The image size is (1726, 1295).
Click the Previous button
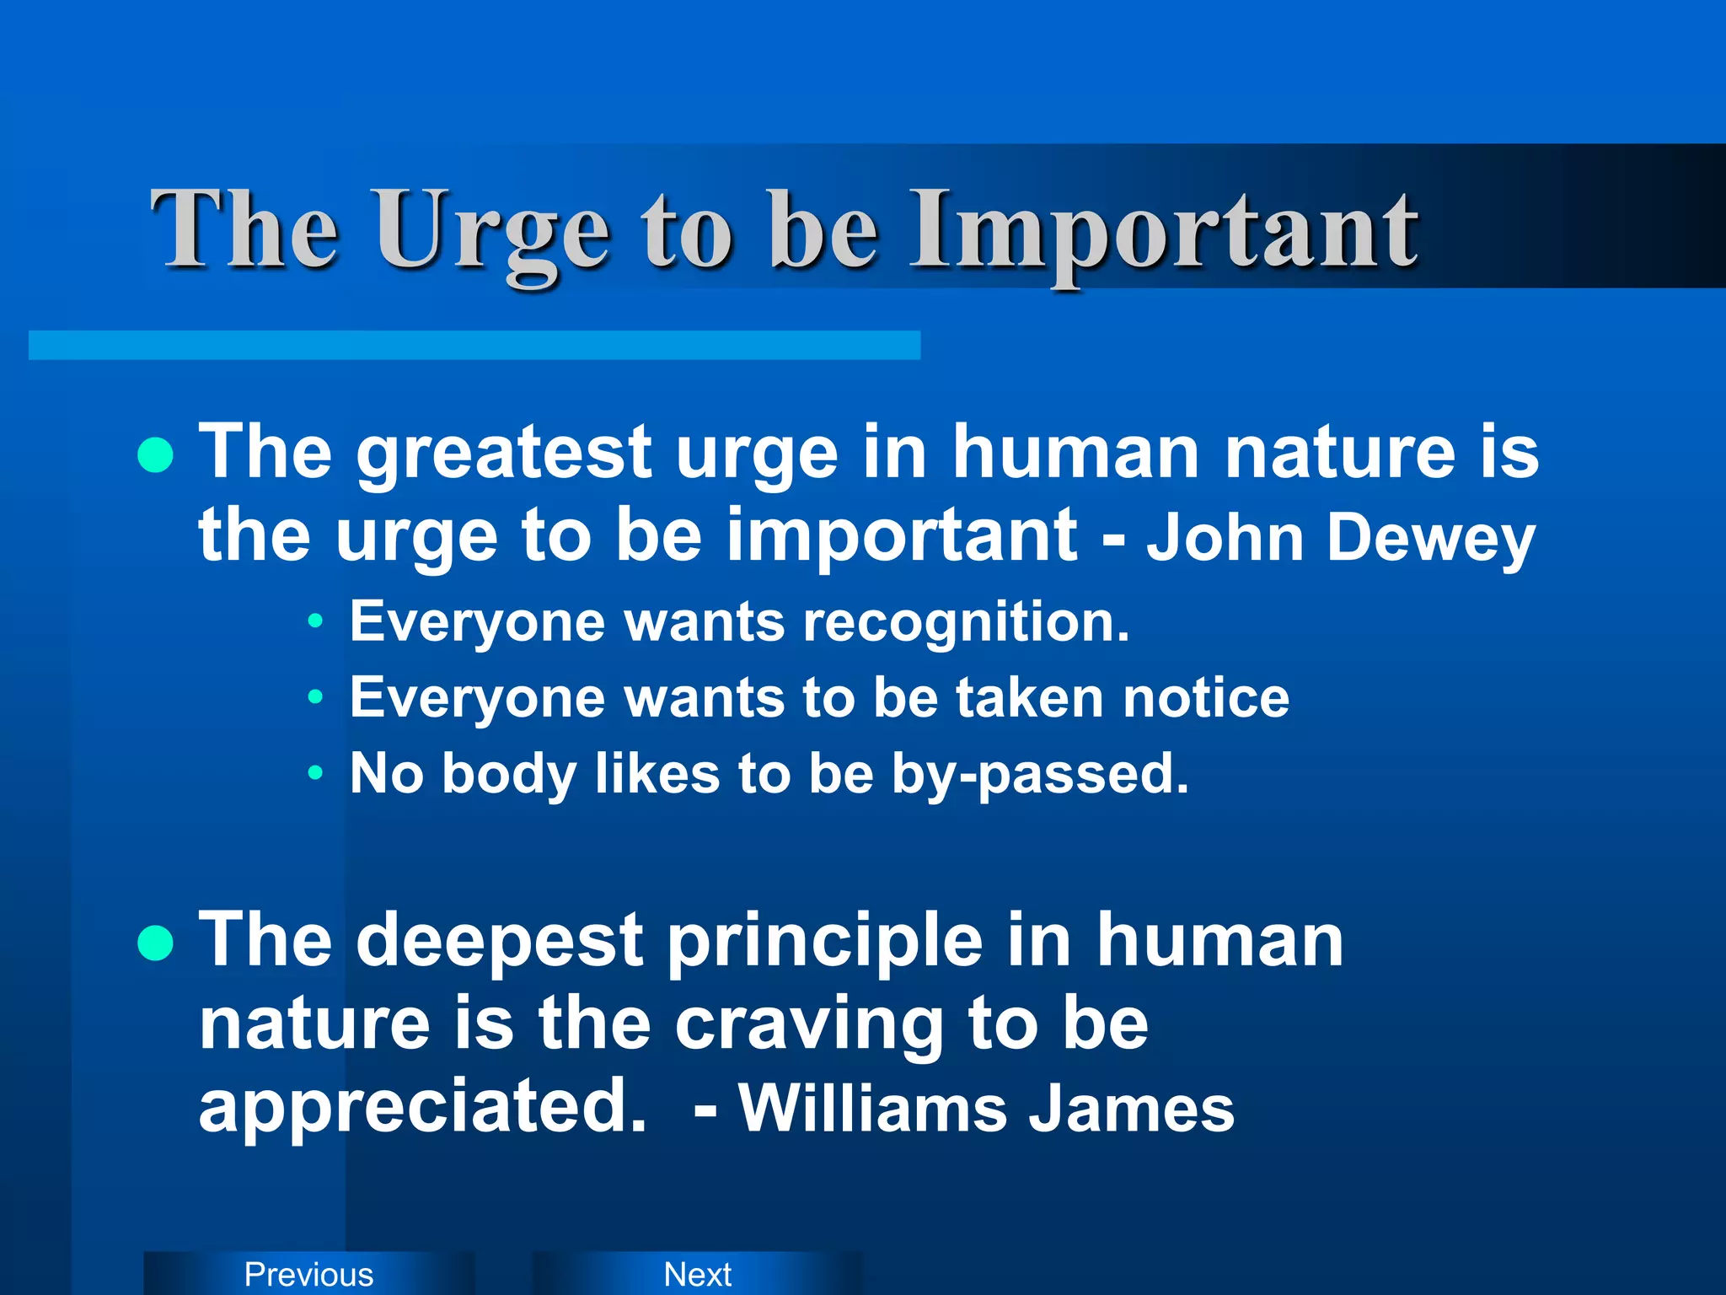[x=308, y=1274]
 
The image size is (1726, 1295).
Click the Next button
[x=697, y=1274]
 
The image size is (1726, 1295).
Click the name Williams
[x=873, y=1108]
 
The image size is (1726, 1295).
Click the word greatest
[x=504, y=455]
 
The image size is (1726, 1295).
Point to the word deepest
[x=501, y=943]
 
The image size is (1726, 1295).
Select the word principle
[x=826, y=943]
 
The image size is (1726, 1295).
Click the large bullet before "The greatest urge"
[x=155, y=456]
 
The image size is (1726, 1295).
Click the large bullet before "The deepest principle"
[x=155, y=943]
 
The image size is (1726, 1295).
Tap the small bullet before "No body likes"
[x=315, y=772]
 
